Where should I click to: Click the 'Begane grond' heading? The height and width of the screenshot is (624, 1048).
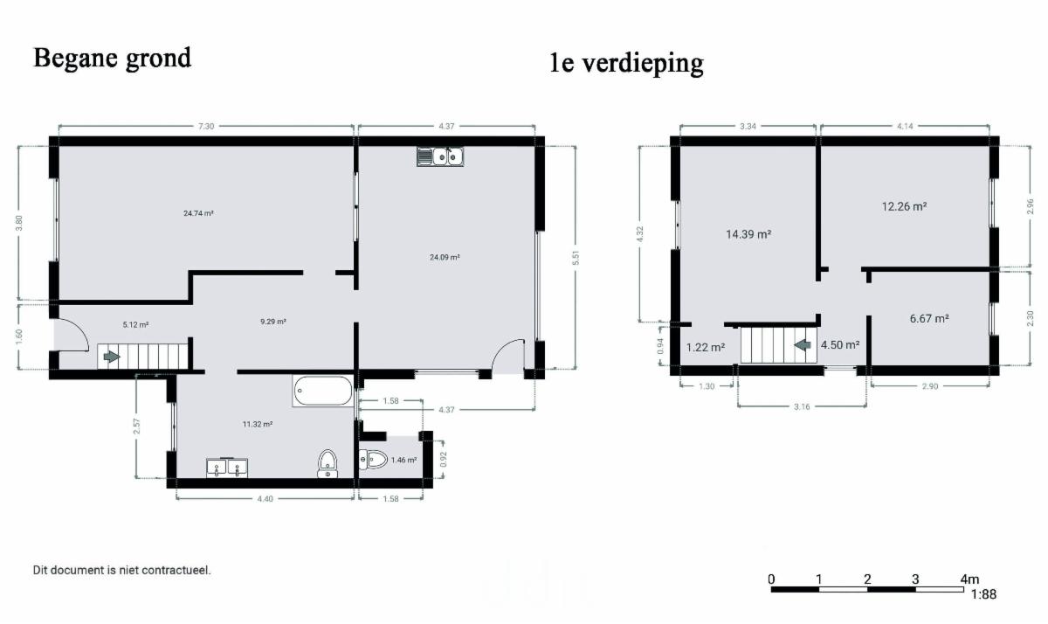pos(113,59)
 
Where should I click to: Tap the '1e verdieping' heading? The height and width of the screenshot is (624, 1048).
pos(626,63)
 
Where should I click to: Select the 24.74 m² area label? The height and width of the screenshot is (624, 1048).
pos(198,213)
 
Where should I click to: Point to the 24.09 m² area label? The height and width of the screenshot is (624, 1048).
pos(445,257)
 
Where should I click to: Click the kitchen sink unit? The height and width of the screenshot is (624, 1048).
pos(440,156)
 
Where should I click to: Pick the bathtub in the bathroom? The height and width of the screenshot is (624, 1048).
pos(323,391)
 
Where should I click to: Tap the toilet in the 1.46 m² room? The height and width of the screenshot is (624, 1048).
pos(373,459)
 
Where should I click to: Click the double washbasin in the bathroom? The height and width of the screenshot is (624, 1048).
pos(227,468)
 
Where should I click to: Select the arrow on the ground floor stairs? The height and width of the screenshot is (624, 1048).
pos(112,357)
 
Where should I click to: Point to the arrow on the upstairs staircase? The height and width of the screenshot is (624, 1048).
pos(803,345)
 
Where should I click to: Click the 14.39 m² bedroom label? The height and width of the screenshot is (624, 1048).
pos(748,234)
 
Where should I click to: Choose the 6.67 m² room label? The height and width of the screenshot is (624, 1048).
pos(929,319)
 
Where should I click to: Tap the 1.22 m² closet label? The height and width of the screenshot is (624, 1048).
pos(706,347)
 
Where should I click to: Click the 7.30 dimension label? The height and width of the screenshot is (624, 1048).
pos(206,127)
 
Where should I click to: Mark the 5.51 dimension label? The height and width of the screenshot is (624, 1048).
pos(576,258)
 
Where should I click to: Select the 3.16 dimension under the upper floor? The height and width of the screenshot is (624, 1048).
pos(802,406)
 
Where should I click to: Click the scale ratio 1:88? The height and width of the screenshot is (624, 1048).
pos(983,594)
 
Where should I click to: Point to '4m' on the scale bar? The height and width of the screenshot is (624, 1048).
pos(969,579)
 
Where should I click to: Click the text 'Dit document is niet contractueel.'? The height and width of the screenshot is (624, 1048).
pos(121,570)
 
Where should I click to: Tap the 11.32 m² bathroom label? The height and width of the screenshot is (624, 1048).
pos(258,425)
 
